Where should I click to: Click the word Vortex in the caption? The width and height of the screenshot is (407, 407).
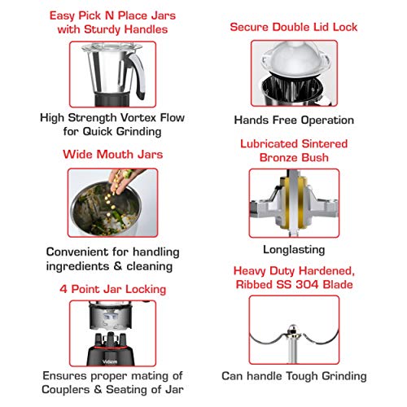tap(138, 118)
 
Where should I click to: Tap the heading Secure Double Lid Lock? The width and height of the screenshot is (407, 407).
tap(294, 27)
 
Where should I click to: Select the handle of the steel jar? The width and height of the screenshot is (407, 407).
tap(137, 75)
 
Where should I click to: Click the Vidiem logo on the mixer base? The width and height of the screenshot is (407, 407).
tap(110, 361)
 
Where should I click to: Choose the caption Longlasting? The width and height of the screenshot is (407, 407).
tap(294, 250)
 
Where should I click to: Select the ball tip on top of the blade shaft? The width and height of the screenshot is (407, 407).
tap(292, 329)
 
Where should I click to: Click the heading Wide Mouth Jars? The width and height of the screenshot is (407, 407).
tap(113, 155)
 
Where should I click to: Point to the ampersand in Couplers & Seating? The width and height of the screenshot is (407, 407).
tap(98, 390)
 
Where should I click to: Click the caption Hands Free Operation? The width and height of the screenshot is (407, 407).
tap(294, 120)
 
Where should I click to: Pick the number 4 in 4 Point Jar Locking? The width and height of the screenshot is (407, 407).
tap(63, 289)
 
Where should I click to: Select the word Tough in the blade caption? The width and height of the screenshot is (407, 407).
tap(303, 376)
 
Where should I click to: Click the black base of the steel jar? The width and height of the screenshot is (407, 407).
tap(112, 99)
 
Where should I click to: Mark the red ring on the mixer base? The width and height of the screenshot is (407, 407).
tap(111, 348)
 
